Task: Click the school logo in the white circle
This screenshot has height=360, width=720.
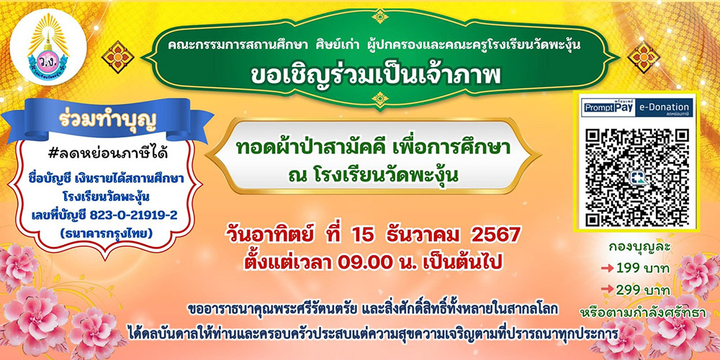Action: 48,47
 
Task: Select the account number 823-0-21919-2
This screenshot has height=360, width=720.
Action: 134,215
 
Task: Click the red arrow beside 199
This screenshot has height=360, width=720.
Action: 607,269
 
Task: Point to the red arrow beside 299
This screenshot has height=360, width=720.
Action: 607,290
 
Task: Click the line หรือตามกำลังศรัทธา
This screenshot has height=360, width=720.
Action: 643,312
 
